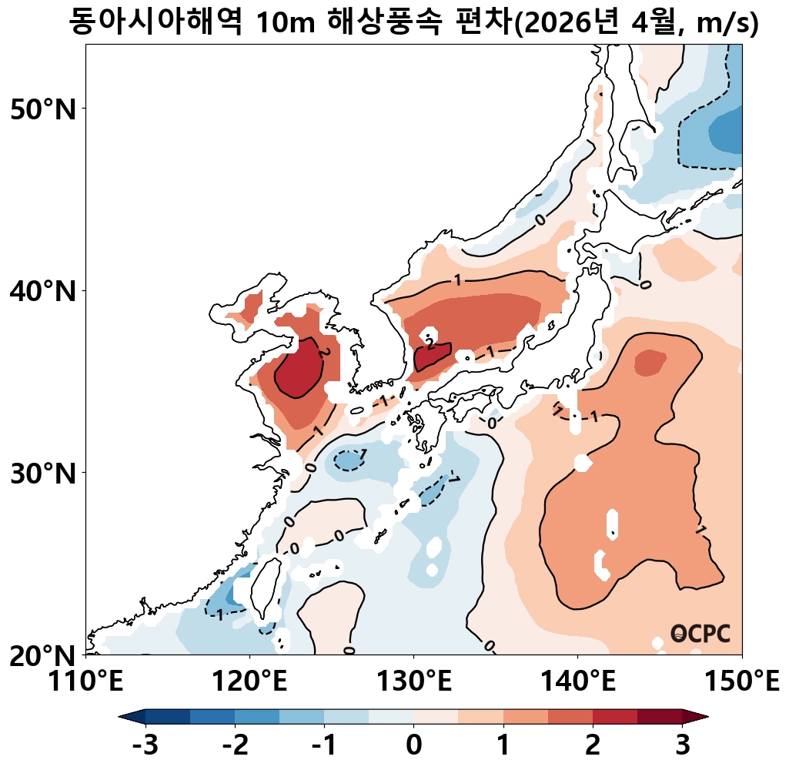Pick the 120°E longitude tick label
tap(249, 681)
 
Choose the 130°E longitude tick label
tap(413, 681)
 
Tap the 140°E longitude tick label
tap(577, 681)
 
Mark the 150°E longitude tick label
tap(741, 681)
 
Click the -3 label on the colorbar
tap(145, 745)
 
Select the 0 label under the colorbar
tap(413, 745)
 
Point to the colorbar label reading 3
tap(681, 745)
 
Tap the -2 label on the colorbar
tap(234, 745)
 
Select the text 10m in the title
tap(284, 23)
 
